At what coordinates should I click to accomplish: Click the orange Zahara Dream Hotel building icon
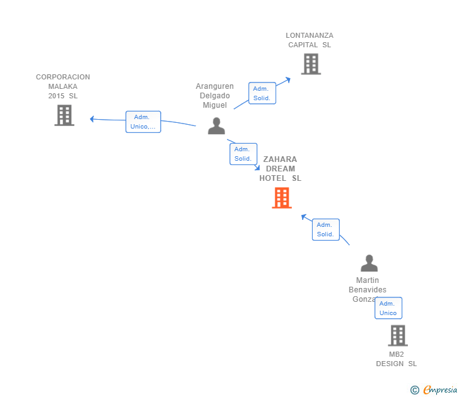(x=282, y=198)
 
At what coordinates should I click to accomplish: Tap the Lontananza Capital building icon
(x=310, y=64)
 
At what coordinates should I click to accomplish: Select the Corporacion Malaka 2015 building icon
(x=64, y=115)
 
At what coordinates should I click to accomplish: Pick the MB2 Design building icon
(x=398, y=336)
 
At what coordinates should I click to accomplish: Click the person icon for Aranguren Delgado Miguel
(x=216, y=126)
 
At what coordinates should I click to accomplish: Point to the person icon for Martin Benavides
(x=369, y=263)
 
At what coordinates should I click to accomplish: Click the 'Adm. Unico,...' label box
(x=143, y=122)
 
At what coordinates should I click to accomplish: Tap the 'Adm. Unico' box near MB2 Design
(x=388, y=308)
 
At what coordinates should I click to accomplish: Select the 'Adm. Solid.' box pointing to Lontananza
(x=262, y=93)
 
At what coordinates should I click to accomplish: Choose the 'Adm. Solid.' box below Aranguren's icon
(x=243, y=154)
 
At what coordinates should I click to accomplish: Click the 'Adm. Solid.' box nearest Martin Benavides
(x=325, y=229)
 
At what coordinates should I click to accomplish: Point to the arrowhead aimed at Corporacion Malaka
(x=92, y=118)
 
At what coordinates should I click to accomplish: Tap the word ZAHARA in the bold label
(x=280, y=159)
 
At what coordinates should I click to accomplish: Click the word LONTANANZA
(x=310, y=36)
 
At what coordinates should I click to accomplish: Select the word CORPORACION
(x=63, y=77)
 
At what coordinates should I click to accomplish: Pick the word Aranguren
(x=214, y=86)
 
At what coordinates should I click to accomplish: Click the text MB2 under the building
(x=397, y=354)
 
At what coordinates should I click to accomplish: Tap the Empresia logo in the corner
(x=440, y=390)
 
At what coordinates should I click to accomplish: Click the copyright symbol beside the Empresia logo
(x=415, y=390)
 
